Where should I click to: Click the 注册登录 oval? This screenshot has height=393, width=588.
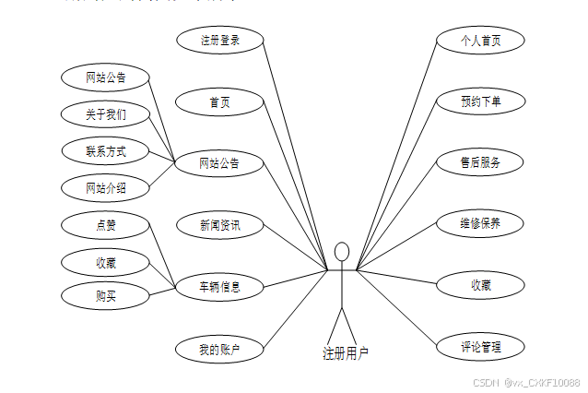[219, 40]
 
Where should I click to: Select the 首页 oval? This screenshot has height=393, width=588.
[219, 101]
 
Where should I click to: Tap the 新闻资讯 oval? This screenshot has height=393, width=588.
[219, 224]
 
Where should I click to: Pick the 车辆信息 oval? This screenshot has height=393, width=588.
[219, 287]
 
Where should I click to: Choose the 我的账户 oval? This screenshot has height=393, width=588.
[219, 349]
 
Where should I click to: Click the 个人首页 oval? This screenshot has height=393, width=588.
[480, 40]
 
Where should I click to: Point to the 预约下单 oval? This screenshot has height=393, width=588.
[480, 101]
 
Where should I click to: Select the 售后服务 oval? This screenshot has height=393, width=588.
[480, 162]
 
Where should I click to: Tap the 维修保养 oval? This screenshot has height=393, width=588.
[480, 223]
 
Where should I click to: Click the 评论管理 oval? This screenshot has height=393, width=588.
[480, 347]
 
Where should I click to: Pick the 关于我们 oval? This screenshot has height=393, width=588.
[106, 114]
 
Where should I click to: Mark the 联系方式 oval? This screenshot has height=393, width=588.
[106, 150]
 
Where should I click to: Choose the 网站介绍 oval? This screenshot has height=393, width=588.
[106, 187]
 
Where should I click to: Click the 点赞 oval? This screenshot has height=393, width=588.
[106, 224]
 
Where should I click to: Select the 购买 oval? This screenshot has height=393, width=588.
[106, 296]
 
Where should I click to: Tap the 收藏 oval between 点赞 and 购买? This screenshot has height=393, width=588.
[106, 262]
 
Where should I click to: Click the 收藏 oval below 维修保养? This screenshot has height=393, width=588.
[480, 285]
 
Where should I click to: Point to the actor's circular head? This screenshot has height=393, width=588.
[342, 251]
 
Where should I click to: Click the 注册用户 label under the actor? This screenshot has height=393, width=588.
[346, 352]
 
